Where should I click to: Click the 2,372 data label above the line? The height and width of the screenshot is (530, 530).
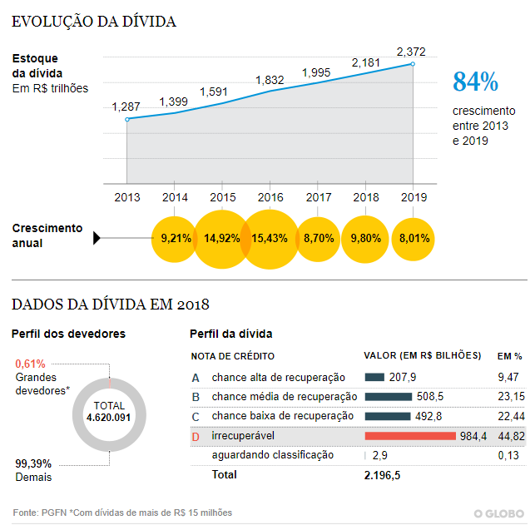point(412,52)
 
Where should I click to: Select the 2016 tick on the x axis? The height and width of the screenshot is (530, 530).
point(270,197)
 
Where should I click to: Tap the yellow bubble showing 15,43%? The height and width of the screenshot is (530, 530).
point(270,238)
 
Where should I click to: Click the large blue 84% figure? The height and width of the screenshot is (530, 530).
point(475,82)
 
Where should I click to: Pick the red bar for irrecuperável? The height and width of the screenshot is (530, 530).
point(410,435)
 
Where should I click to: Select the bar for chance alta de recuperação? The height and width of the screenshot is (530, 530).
point(374,377)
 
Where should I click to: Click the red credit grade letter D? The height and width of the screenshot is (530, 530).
point(196,436)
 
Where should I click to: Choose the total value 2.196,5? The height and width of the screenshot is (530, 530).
point(384,474)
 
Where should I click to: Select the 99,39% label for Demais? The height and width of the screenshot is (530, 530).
point(32,463)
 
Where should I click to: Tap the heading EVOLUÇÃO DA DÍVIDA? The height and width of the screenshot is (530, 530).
point(94,22)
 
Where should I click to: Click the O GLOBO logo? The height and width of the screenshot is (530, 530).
point(499,513)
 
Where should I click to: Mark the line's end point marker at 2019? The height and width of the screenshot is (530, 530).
point(414,64)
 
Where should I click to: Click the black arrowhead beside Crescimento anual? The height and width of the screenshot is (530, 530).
point(97,239)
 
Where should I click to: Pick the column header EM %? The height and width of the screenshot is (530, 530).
point(509,355)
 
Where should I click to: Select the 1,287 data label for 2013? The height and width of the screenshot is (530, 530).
point(126,107)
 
